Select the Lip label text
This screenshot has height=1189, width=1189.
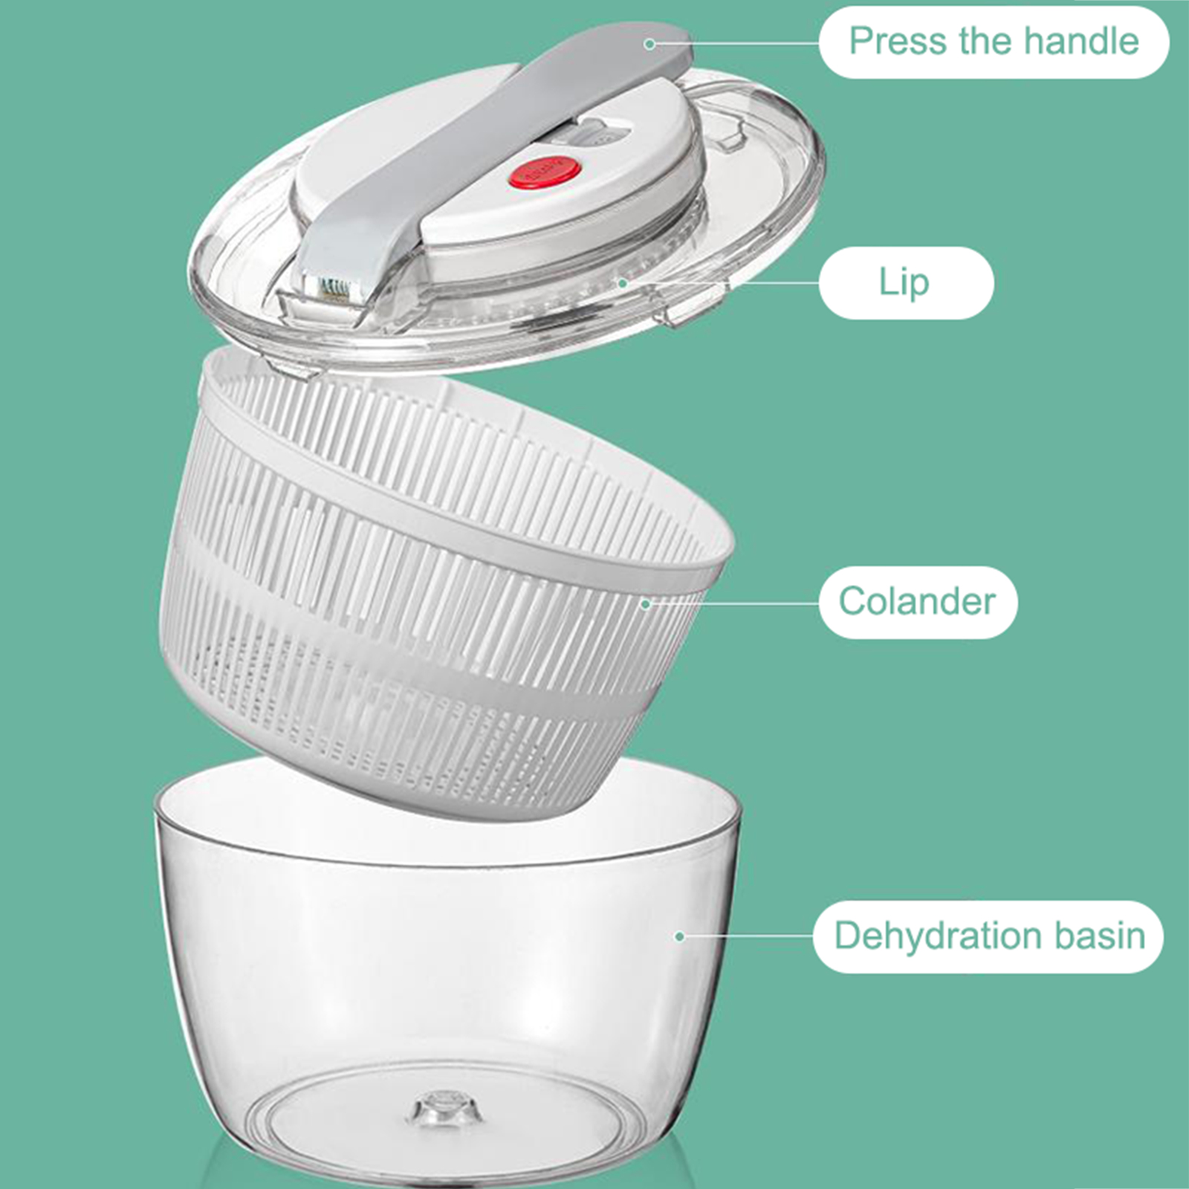[x=904, y=283]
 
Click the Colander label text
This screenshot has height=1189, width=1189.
[x=917, y=601]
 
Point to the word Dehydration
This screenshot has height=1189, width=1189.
[x=939, y=936]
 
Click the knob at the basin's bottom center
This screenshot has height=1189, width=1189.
[x=444, y=1108]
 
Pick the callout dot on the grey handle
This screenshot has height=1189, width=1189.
[x=649, y=45]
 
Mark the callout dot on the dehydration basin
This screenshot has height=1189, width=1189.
[x=679, y=936]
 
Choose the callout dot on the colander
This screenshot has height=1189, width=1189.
[x=646, y=603]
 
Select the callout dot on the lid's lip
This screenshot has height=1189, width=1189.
[x=623, y=283]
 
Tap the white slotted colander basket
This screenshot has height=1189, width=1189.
[x=446, y=580]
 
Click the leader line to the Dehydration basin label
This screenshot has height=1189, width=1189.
[x=747, y=936]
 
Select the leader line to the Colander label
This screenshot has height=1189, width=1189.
[x=733, y=603]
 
